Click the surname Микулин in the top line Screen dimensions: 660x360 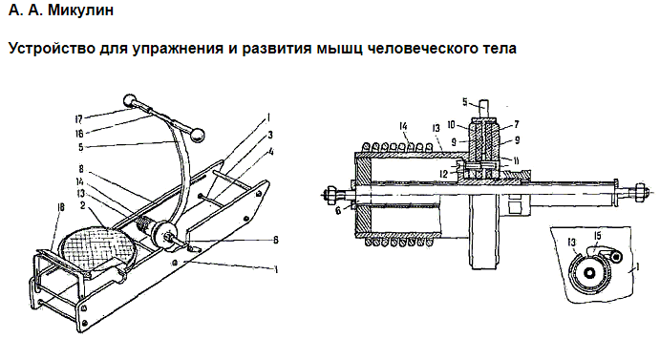click(x=80, y=10)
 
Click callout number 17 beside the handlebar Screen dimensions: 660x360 click(x=78, y=119)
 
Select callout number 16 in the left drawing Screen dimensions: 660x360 click(x=79, y=134)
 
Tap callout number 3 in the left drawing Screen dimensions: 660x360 click(x=270, y=135)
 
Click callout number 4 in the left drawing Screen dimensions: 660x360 click(x=271, y=151)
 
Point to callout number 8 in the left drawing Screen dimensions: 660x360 click(x=80, y=169)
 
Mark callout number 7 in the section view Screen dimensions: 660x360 click(x=517, y=124)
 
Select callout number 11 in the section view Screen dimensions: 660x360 click(x=517, y=160)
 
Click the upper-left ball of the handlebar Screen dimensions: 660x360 click(x=131, y=100)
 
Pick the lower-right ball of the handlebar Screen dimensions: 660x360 click(x=198, y=136)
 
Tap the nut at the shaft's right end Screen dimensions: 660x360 click(x=639, y=191)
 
